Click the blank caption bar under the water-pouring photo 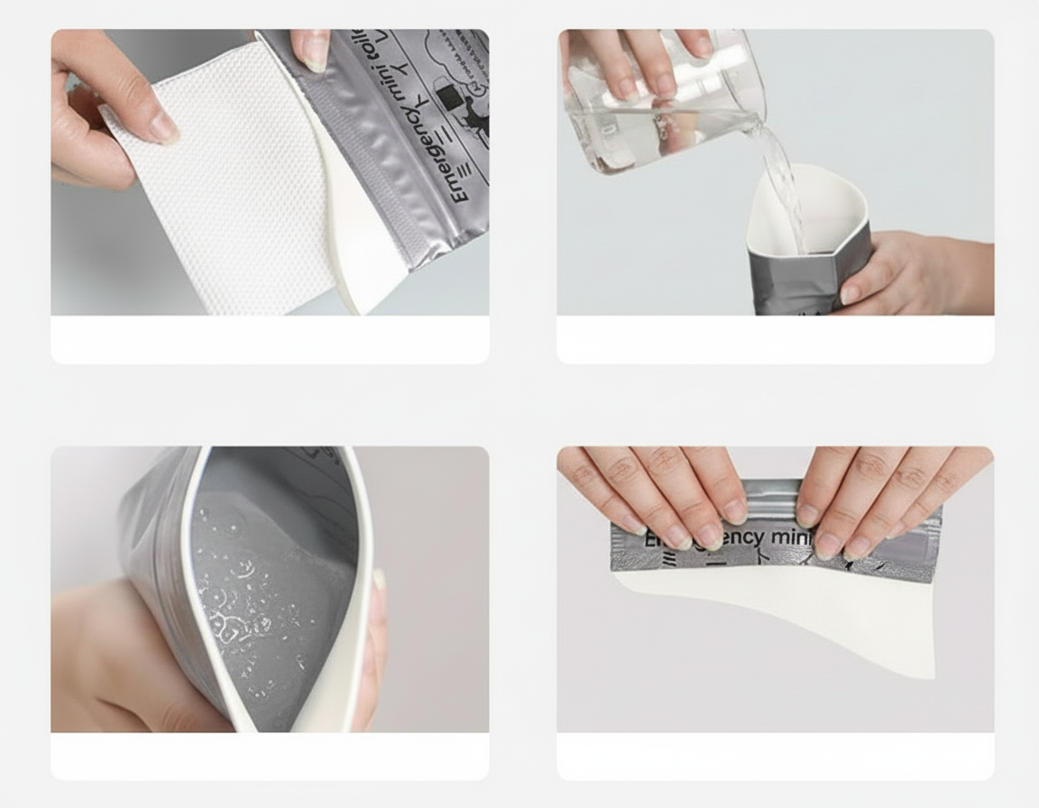[775, 340]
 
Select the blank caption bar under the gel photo [270, 756]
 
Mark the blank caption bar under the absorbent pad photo [270, 340]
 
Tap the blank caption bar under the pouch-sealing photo [775, 756]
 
